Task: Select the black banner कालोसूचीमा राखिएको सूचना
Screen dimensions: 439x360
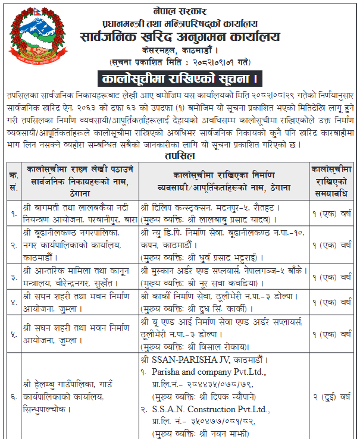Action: [180, 78]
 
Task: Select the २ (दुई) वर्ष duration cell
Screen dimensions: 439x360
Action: [333, 395]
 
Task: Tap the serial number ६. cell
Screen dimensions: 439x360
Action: [12, 395]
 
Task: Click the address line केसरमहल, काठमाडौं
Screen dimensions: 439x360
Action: [180, 51]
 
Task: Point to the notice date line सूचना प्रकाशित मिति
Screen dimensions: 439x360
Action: [180, 62]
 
